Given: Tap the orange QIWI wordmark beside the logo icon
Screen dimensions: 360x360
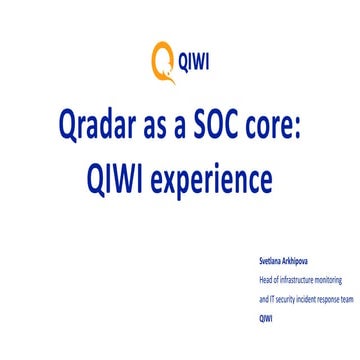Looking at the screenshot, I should click(190, 61).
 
